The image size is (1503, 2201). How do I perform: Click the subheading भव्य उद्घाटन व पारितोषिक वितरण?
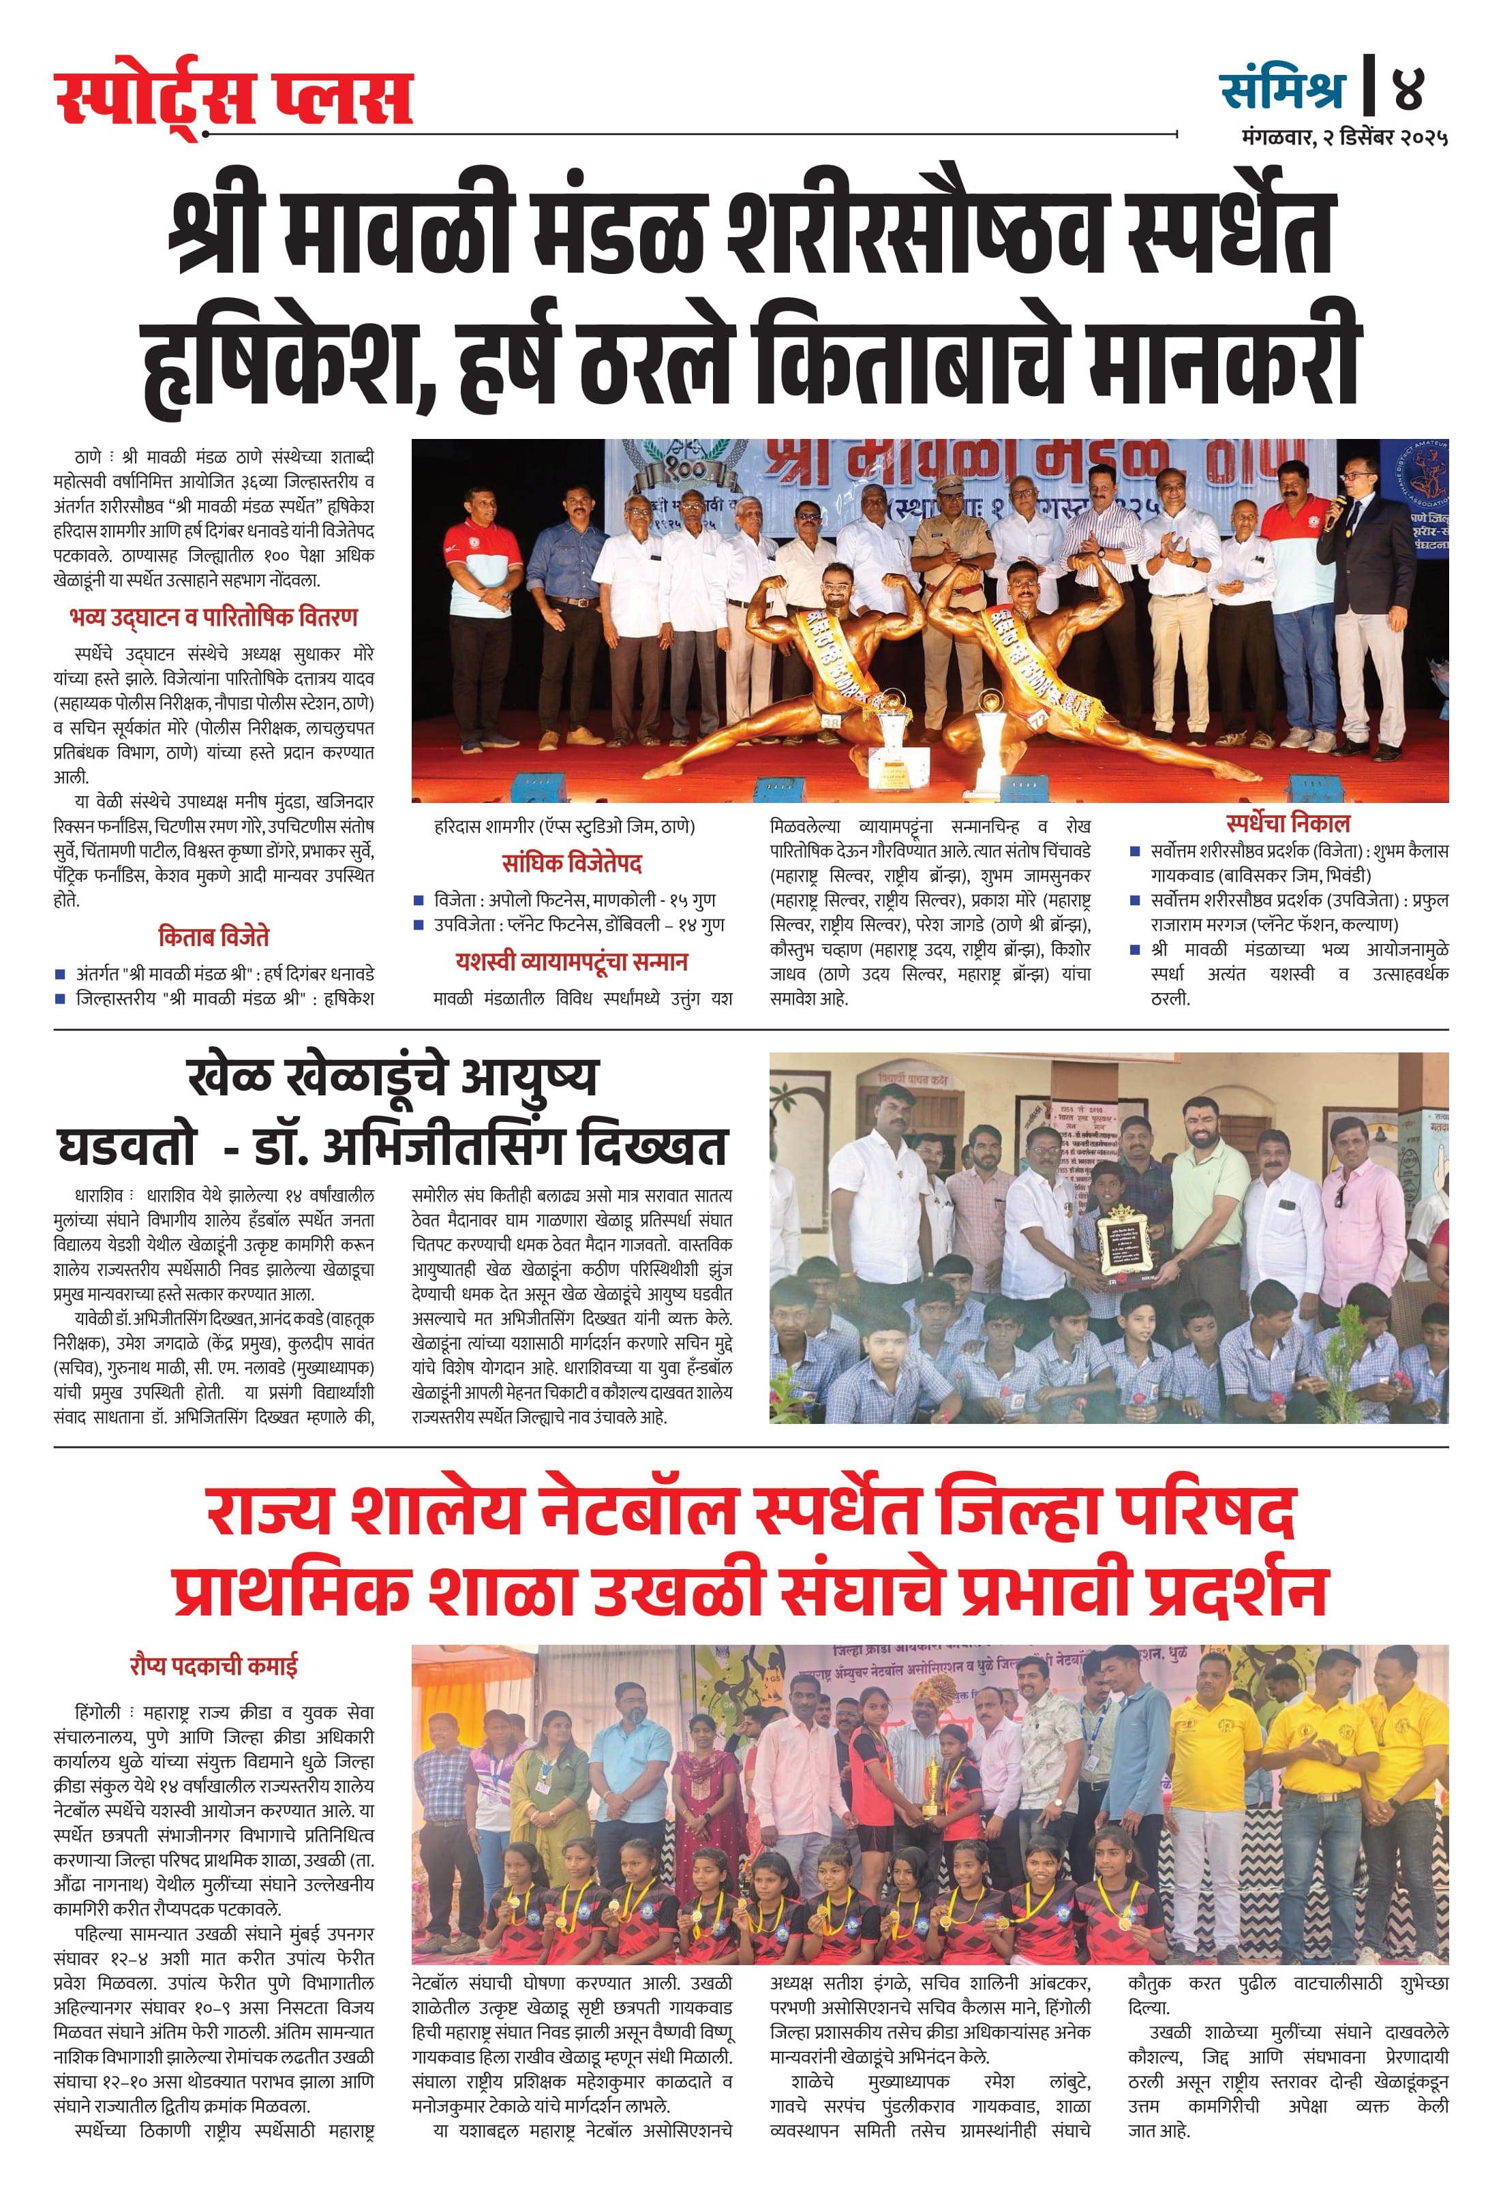(214, 618)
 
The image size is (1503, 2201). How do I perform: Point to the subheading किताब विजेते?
(214, 937)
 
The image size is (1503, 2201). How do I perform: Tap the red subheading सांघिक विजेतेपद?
(572, 863)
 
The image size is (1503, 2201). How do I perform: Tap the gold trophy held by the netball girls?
(931, 1785)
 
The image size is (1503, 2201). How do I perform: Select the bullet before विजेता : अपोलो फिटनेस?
(419, 900)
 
